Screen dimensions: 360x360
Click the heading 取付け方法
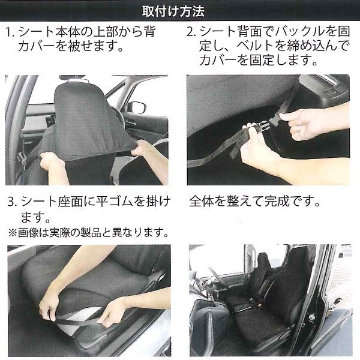coord(173,11)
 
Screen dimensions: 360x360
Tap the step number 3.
coord(11,202)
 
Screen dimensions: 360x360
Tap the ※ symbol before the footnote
coord(13,233)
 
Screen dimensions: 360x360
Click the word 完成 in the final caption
coord(277,202)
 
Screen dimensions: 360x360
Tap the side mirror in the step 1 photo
coord(137,107)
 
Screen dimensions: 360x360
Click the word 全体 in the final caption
coord(202,202)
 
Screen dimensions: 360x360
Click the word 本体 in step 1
coord(68,32)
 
